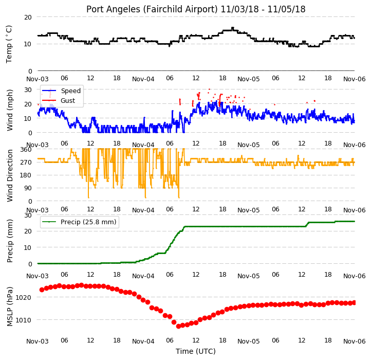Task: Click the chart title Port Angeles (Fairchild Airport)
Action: [152, 9]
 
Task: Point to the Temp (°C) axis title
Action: [9, 44]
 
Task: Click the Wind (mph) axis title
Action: [9, 110]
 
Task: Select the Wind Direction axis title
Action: [9, 175]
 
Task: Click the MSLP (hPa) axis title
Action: [9, 307]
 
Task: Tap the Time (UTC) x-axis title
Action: [196, 351]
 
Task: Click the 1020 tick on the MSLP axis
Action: [23, 297]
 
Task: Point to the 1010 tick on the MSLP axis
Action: [23, 320]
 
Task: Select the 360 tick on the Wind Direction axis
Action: [26, 150]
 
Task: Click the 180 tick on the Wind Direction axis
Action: [26, 175]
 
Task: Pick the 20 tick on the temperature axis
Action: [28, 17]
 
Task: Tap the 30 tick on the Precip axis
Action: [28, 215]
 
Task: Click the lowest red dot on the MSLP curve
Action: [179, 326]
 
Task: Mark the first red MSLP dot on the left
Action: [42, 290]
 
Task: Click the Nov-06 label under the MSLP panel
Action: [355, 341]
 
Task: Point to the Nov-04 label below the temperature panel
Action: [143, 79]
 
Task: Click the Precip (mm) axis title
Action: [9, 241]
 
